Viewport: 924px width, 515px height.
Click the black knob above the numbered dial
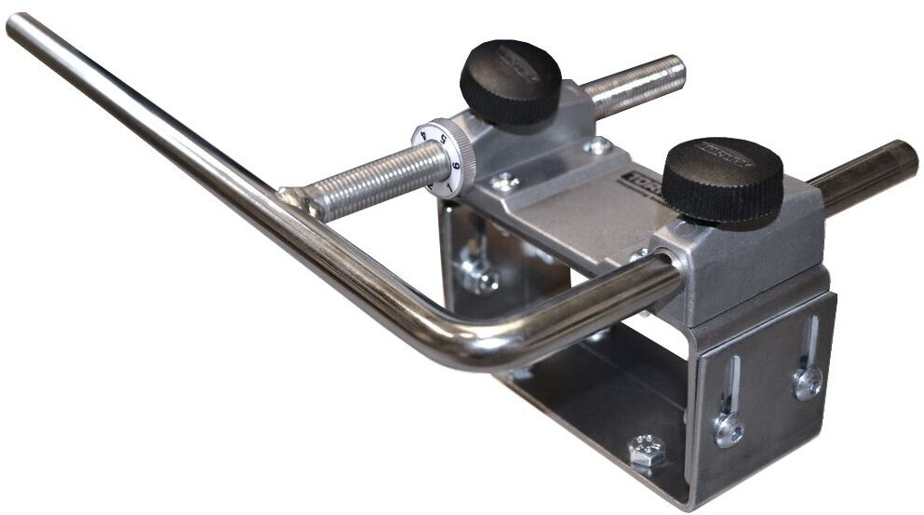pos(510,81)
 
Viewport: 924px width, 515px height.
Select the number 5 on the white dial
pos(444,140)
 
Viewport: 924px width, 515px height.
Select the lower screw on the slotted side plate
pos(729,429)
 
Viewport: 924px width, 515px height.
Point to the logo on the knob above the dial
pos(513,61)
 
